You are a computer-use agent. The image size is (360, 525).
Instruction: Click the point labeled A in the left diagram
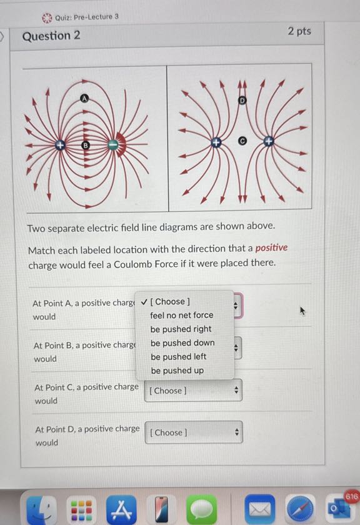[86, 97]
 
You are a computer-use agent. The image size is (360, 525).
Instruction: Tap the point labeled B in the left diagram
[86, 145]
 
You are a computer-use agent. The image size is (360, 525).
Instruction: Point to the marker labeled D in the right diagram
[242, 100]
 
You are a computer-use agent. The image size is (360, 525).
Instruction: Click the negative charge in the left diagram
[113, 145]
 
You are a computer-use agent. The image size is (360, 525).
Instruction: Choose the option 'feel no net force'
[181, 315]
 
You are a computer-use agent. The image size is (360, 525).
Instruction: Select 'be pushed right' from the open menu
[181, 329]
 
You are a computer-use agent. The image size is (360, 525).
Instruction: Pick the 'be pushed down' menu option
[182, 342]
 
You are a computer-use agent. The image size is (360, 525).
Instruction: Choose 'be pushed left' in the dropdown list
[178, 356]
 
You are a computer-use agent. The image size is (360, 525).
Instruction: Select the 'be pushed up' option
[177, 370]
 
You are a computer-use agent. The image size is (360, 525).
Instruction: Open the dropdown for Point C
[193, 391]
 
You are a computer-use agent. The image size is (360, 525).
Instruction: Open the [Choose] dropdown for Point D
[194, 432]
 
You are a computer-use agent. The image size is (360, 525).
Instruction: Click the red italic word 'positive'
[271, 247]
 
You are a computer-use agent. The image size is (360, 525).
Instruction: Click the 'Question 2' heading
[51, 36]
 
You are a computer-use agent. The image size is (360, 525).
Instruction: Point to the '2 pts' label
[299, 31]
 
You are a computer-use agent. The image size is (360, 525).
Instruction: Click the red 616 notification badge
[351, 496]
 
